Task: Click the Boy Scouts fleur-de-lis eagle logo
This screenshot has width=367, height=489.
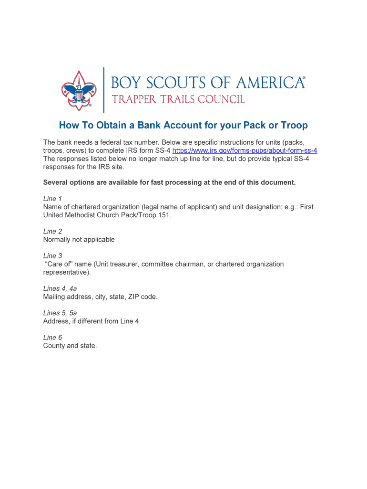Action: [x=78, y=89]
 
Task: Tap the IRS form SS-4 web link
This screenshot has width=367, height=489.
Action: [x=245, y=150]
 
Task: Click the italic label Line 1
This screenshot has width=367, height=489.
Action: [x=52, y=199]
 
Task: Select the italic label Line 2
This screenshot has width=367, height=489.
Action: [x=52, y=232]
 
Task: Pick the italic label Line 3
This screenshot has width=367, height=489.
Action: [x=52, y=256]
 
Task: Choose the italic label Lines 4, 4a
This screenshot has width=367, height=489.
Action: [x=60, y=288]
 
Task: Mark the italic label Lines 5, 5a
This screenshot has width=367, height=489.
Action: [x=60, y=313]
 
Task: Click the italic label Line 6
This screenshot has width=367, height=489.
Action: [x=52, y=338]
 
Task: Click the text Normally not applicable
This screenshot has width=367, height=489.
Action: [x=79, y=240]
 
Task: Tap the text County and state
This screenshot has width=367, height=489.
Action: [x=70, y=346]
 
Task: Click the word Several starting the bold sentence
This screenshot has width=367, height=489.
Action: [x=57, y=182]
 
